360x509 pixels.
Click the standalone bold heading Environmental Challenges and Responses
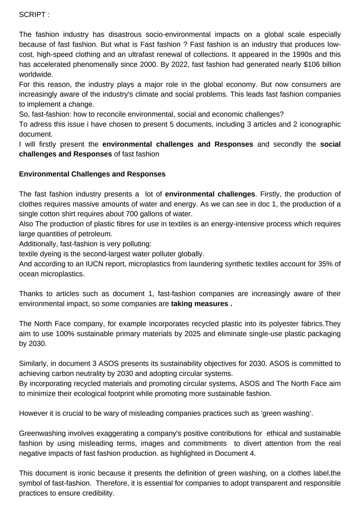(92, 174)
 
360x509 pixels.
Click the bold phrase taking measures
(200, 304)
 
